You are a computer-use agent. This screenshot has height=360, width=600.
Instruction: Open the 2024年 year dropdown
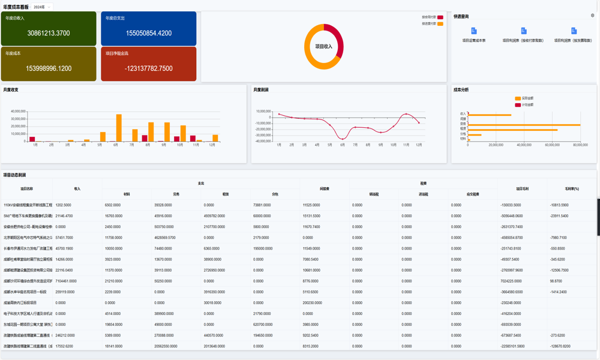tap(41, 7)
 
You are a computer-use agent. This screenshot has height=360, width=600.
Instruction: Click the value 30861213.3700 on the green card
tap(49, 33)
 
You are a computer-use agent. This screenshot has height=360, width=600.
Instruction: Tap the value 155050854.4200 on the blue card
tap(149, 33)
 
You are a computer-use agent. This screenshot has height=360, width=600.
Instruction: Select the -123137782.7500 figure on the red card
tap(149, 68)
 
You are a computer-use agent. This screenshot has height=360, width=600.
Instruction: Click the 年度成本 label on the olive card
tap(13, 53)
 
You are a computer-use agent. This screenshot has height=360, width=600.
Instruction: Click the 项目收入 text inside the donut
tap(323, 46)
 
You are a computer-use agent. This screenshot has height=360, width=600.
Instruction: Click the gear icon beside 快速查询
tap(593, 16)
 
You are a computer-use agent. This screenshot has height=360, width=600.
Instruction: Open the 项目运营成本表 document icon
tap(474, 31)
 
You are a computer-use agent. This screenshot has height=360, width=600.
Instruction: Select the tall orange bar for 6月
tap(119, 128)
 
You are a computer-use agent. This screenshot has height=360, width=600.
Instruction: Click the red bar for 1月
tap(32, 139)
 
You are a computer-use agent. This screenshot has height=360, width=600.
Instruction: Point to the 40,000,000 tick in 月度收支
tap(18, 111)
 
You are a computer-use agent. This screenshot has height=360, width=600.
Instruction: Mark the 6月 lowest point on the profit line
tap(343, 139)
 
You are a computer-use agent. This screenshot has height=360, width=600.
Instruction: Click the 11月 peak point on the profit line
tap(406, 114)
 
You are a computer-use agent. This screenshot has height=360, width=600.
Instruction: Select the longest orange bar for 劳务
tap(524, 125)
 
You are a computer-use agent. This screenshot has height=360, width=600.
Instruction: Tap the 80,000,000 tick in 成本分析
tap(580, 145)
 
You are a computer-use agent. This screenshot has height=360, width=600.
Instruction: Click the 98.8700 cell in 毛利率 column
tap(556, 281)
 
